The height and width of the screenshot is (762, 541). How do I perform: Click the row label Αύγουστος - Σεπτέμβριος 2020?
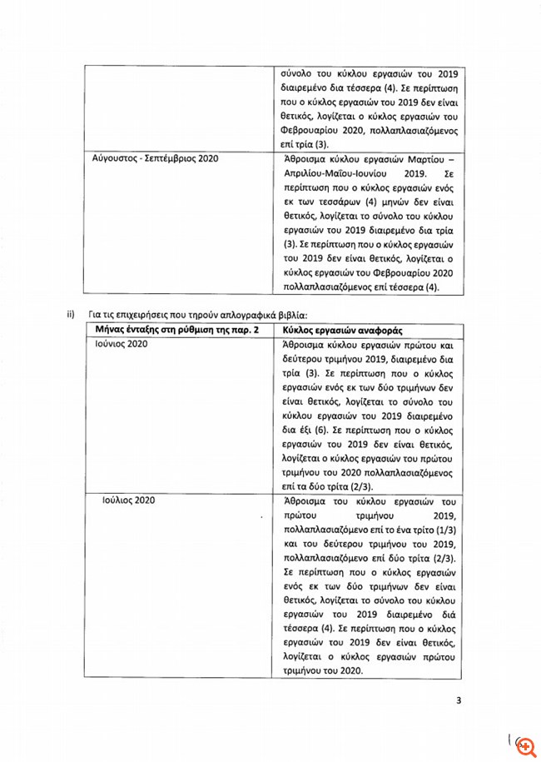coord(148,157)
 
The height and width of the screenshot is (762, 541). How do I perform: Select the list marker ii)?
coord(72,314)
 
